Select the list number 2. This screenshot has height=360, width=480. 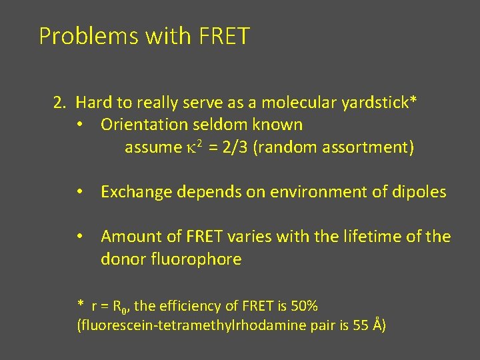click(x=59, y=103)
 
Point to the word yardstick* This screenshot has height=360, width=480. click(x=379, y=103)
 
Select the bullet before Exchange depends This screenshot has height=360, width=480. click(x=79, y=193)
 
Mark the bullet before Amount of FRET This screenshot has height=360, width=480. click(x=79, y=237)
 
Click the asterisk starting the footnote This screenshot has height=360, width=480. click(x=81, y=305)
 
